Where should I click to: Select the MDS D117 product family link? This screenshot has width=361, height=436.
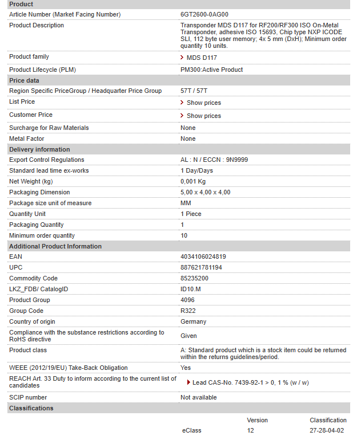point(202,58)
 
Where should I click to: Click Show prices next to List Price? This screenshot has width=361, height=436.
point(203,103)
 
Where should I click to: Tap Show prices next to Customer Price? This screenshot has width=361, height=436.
point(203,116)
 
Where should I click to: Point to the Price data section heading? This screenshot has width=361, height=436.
point(24,80)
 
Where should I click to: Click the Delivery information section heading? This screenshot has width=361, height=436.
point(39,149)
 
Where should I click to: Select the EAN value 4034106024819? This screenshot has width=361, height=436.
point(203,257)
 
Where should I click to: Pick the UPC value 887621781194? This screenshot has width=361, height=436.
point(201,268)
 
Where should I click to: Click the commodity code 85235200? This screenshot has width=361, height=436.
point(194,279)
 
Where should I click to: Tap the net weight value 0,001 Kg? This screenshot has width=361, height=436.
point(193,182)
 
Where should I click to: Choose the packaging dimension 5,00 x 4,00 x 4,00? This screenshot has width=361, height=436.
point(205,193)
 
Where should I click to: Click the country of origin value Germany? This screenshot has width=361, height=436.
point(193,322)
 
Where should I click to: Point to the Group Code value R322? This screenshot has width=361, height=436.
point(187,311)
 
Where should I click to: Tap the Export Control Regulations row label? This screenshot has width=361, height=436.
point(46,160)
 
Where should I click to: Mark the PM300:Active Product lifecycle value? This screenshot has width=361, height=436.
point(211,70)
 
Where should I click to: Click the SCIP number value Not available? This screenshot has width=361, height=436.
point(199,398)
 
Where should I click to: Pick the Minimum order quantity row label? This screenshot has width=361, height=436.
point(42,236)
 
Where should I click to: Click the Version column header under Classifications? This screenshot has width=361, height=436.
point(257,421)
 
